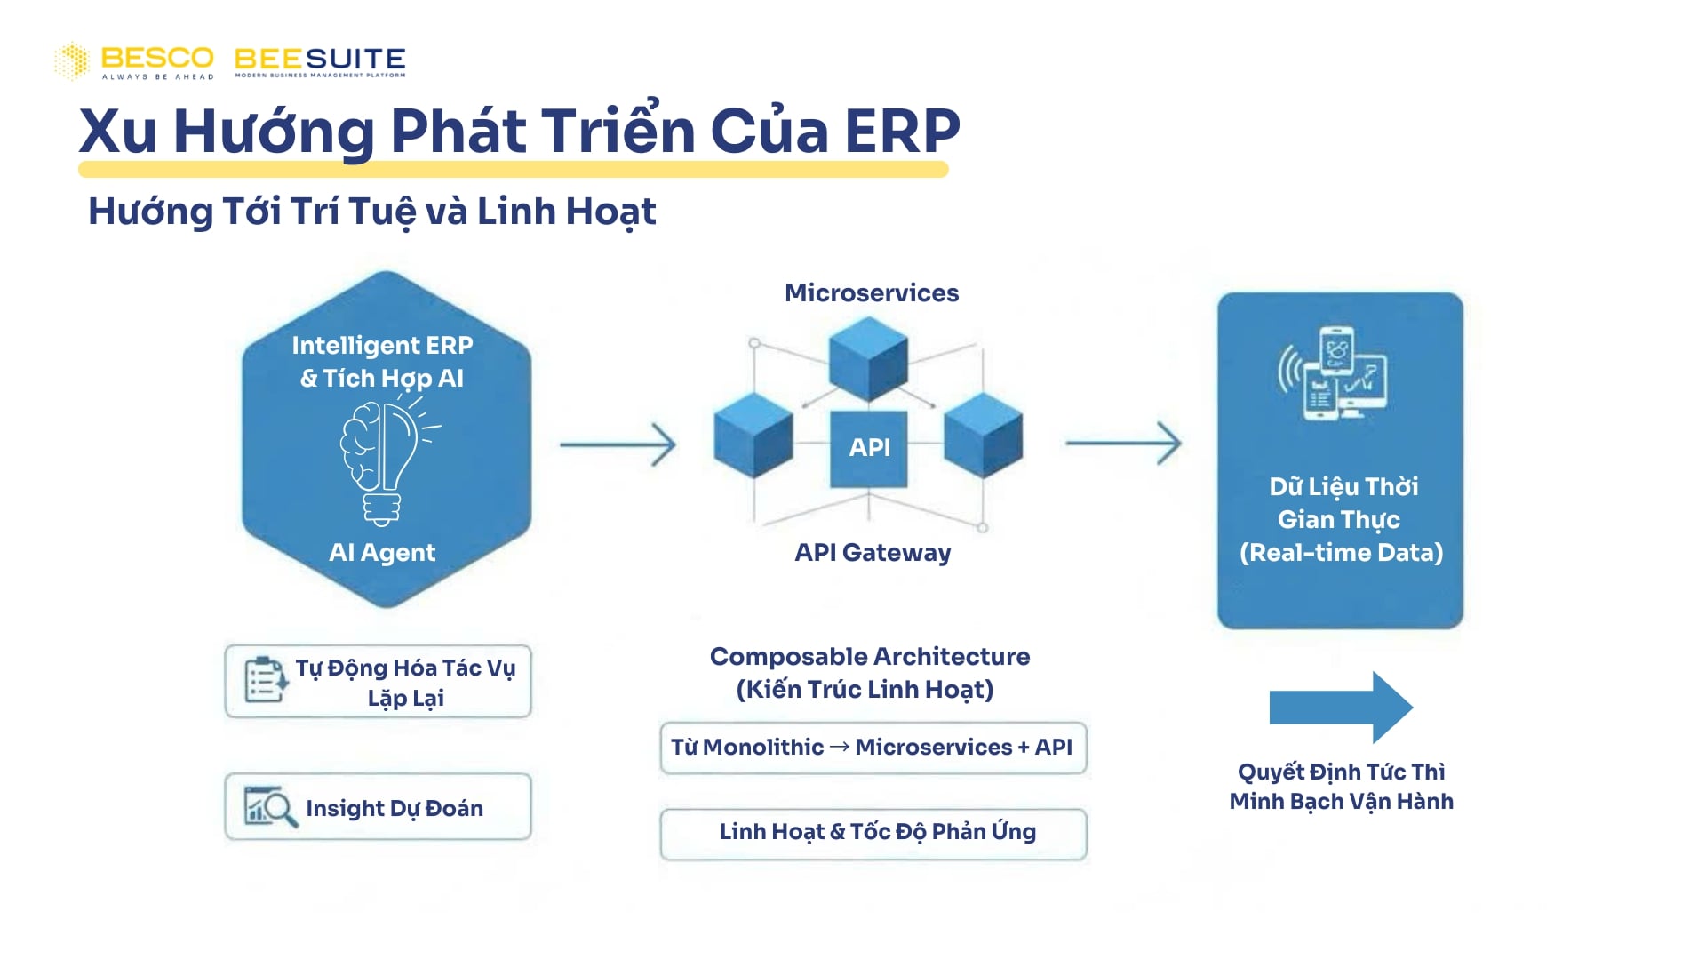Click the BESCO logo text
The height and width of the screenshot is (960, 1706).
[x=156, y=59]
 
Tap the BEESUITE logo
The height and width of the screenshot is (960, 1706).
[x=320, y=60]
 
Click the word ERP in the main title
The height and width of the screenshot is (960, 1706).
[x=901, y=132]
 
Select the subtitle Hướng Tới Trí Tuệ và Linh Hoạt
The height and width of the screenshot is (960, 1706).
[x=371, y=212]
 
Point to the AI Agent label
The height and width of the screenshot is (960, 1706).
[x=382, y=552]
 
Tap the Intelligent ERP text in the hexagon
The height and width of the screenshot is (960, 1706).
[x=382, y=345]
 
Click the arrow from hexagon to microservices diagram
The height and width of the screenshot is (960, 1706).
[x=618, y=444]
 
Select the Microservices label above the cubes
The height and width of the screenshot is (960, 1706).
[x=871, y=293]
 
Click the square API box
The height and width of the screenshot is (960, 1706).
[x=868, y=448]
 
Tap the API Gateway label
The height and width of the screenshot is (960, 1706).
[x=872, y=553]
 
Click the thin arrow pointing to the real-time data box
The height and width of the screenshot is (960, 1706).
[x=1124, y=443]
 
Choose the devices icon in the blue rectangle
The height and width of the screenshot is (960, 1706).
[x=1333, y=373]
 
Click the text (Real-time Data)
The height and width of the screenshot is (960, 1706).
[x=1341, y=553]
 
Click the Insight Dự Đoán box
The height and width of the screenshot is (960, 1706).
[x=379, y=807]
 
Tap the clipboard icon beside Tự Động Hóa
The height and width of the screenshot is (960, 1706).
[x=265, y=680]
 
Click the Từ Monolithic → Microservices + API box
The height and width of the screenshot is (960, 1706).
[x=873, y=748]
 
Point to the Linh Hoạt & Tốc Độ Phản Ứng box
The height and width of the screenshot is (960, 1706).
[x=873, y=833]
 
